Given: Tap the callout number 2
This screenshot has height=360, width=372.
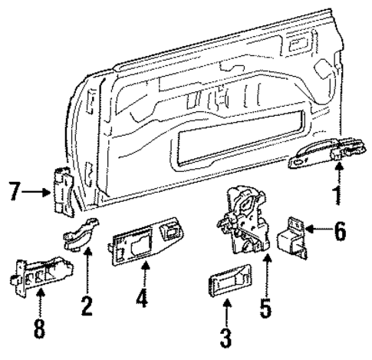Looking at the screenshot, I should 86,306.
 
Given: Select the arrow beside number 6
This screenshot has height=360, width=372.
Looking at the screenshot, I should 314,230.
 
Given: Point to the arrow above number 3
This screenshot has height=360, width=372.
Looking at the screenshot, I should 227,315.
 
